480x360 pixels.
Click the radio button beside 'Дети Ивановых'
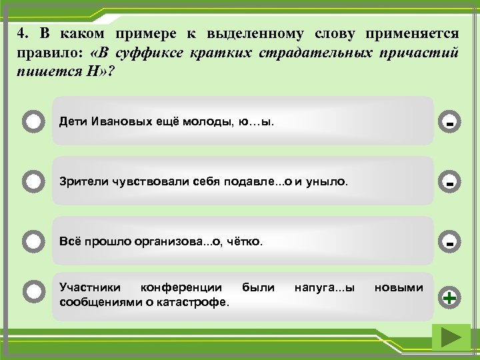pos(32,121)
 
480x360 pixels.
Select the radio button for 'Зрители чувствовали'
pos(32,181)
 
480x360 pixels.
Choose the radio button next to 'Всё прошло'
pos(32,240)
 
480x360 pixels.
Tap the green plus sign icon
pos(451,297)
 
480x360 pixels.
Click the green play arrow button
pos(451,338)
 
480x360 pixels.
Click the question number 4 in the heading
pos(23,33)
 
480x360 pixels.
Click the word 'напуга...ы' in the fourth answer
pos(324,287)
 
